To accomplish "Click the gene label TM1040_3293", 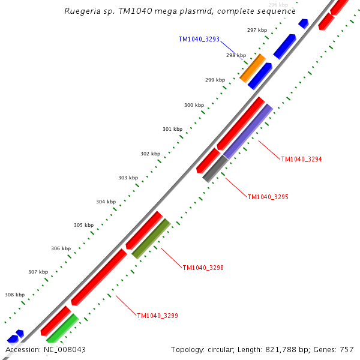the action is coord(199,39).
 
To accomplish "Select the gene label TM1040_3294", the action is coord(301,159).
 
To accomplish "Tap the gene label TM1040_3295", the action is coord(268,197).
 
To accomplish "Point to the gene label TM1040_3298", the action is coord(203,268).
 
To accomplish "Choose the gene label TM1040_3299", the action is coord(157,316).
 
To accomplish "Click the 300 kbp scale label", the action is coord(194,105).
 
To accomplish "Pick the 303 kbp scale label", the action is coord(128,178).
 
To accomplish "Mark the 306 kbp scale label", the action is coord(61,248).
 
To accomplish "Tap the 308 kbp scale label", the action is coord(14,295).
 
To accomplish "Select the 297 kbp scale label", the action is coord(257,30).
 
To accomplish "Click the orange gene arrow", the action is coord(253,68).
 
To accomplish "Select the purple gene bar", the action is coord(248,131).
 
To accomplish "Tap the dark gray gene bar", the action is coord(215,168).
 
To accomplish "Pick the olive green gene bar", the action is coord(151,239).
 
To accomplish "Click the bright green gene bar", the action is coord(62,328).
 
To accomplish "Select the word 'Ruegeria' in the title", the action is coord(82,11).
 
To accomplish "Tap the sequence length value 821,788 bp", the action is coord(284,349).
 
